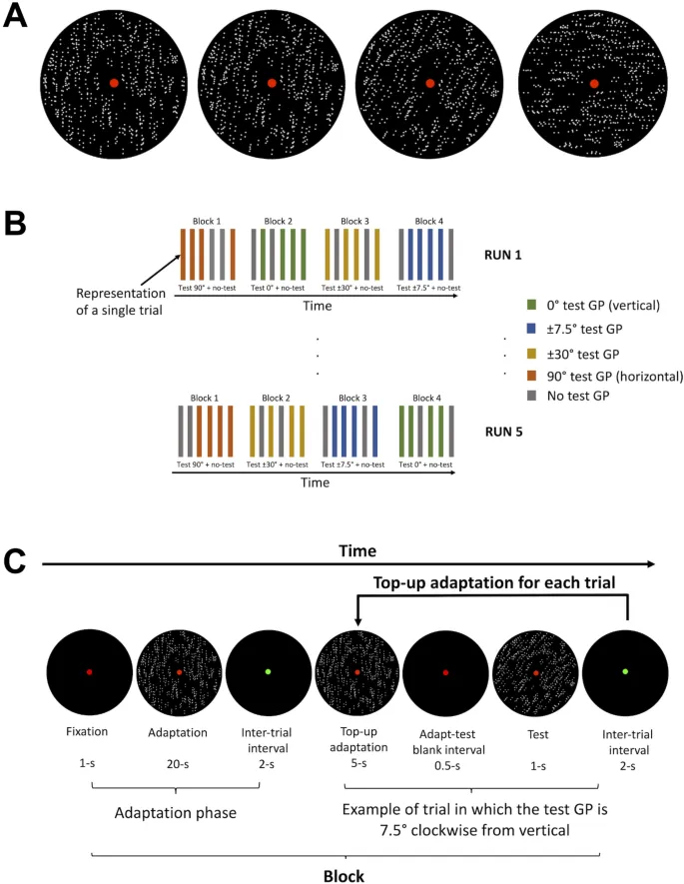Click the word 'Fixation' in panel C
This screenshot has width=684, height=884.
89,731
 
